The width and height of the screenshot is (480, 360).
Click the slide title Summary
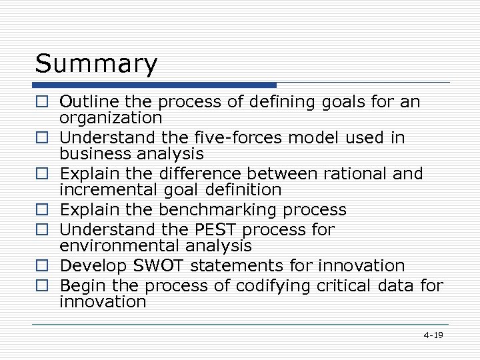point(97,64)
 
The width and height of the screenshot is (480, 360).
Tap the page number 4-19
point(433,335)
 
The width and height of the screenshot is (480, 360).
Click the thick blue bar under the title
point(155,85)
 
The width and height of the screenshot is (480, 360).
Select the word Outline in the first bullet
point(85,101)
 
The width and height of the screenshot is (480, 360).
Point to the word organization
point(111,118)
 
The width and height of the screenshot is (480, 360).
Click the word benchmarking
point(219,210)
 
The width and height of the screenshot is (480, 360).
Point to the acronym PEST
point(217,229)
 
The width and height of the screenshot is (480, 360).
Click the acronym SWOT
point(161,265)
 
